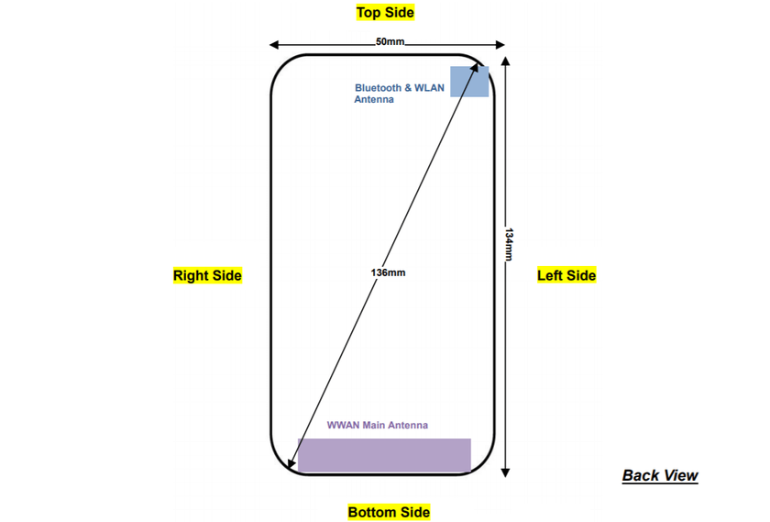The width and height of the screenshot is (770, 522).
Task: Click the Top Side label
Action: (x=385, y=13)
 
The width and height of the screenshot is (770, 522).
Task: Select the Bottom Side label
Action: (x=389, y=512)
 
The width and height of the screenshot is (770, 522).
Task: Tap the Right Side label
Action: (x=207, y=275)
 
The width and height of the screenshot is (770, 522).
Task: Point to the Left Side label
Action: (x=566, y=275)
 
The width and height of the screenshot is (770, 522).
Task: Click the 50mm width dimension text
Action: (x=389, y=42)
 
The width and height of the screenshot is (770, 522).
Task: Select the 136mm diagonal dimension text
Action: (x=390, y=273)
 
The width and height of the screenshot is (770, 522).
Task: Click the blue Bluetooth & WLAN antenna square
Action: (x=468, y=81)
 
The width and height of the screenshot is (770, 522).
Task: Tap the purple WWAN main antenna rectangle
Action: (x=384, y=455)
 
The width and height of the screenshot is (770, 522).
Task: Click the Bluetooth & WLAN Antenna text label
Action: (x=399, y=94)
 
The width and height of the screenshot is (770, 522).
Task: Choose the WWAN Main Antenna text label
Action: (x=377, y=426)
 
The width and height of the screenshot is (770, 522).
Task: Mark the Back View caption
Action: (x=660, y=475)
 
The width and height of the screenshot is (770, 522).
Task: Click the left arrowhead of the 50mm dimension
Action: (x=274, y=43)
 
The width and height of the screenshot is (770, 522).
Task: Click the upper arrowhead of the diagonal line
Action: (x=483, y=72)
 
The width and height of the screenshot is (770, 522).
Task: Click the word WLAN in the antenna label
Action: (x=429, y=88)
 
